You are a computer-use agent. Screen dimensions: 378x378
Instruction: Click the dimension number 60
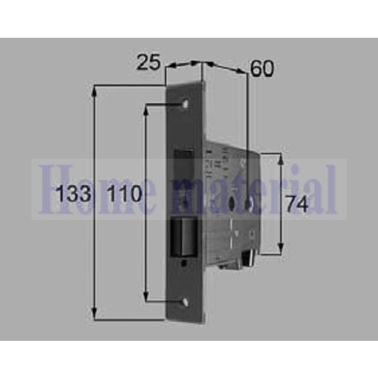[262, 68]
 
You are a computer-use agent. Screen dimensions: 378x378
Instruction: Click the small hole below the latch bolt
[183, 264]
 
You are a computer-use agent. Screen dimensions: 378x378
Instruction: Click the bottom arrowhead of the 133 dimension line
[95, 314]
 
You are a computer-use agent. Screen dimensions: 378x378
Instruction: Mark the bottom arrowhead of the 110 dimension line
[147, 298]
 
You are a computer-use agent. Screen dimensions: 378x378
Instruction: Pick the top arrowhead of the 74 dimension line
[280, 156]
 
